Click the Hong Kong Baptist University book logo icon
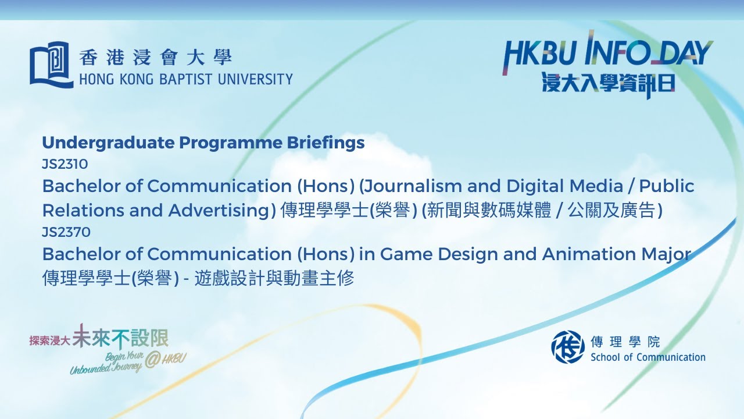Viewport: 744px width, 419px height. tap(51, 64)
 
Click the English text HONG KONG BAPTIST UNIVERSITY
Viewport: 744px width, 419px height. tap(185, 79)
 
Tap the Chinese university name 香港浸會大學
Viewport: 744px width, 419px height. tap(156, 58)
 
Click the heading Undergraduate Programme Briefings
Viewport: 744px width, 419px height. tap(203, 143)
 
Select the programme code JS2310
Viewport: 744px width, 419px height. tap(65, 164)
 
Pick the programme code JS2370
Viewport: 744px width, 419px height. tap(66, 232)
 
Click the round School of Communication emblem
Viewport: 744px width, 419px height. tap(568, 347)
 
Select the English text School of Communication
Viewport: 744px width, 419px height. tap(648, 357)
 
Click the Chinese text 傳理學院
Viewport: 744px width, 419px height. tap(625, 342)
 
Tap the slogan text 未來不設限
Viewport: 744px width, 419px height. tap(120, 336)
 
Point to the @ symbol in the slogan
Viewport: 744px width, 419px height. tap(152, 360)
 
